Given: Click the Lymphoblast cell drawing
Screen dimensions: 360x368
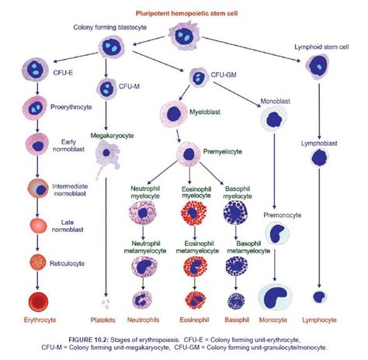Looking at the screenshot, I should click(319, 158).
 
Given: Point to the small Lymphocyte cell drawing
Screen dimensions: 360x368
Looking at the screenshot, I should click(318, 296).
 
